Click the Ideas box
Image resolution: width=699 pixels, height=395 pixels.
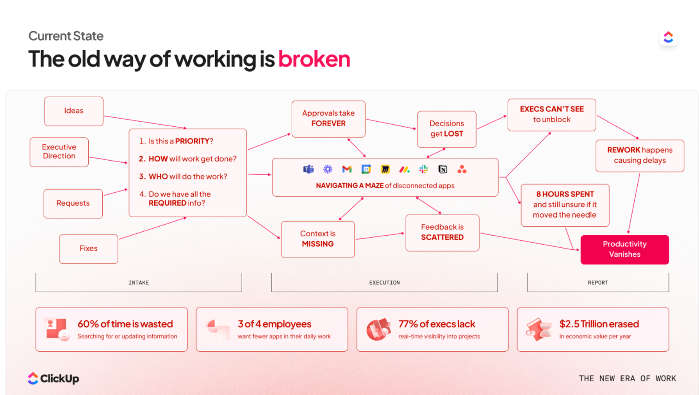point(74,111)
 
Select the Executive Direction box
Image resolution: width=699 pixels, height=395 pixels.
point(59,152)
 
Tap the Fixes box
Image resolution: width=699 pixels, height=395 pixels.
point(88,248)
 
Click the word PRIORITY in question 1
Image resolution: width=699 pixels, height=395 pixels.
point(192,141)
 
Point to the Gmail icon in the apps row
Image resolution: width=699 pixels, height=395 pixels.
point(347,170)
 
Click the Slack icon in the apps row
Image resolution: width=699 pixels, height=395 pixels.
point(423,170)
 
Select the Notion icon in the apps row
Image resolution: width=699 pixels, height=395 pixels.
point(443,170)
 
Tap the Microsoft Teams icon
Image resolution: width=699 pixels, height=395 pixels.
point(309,170)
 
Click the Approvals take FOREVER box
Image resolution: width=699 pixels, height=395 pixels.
point(328,119)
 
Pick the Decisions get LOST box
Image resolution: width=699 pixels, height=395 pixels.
point(447,129)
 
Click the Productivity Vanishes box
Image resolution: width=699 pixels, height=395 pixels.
point(624,249)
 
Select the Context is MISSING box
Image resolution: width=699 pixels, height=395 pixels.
point(318,239)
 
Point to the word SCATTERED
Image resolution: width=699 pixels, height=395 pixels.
point(442,237)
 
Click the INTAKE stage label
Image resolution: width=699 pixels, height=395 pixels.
point(138,283)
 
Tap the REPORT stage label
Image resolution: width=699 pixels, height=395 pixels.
point(598,283)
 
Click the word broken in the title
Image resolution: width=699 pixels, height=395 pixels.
point(314,59)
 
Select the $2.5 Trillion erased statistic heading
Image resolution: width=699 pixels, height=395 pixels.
point(599,324)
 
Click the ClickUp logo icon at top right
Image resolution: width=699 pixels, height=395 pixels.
point(668,37)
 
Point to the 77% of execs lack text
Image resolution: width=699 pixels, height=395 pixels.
point(437,324)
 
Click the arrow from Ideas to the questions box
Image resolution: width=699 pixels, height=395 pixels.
point(146,122)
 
